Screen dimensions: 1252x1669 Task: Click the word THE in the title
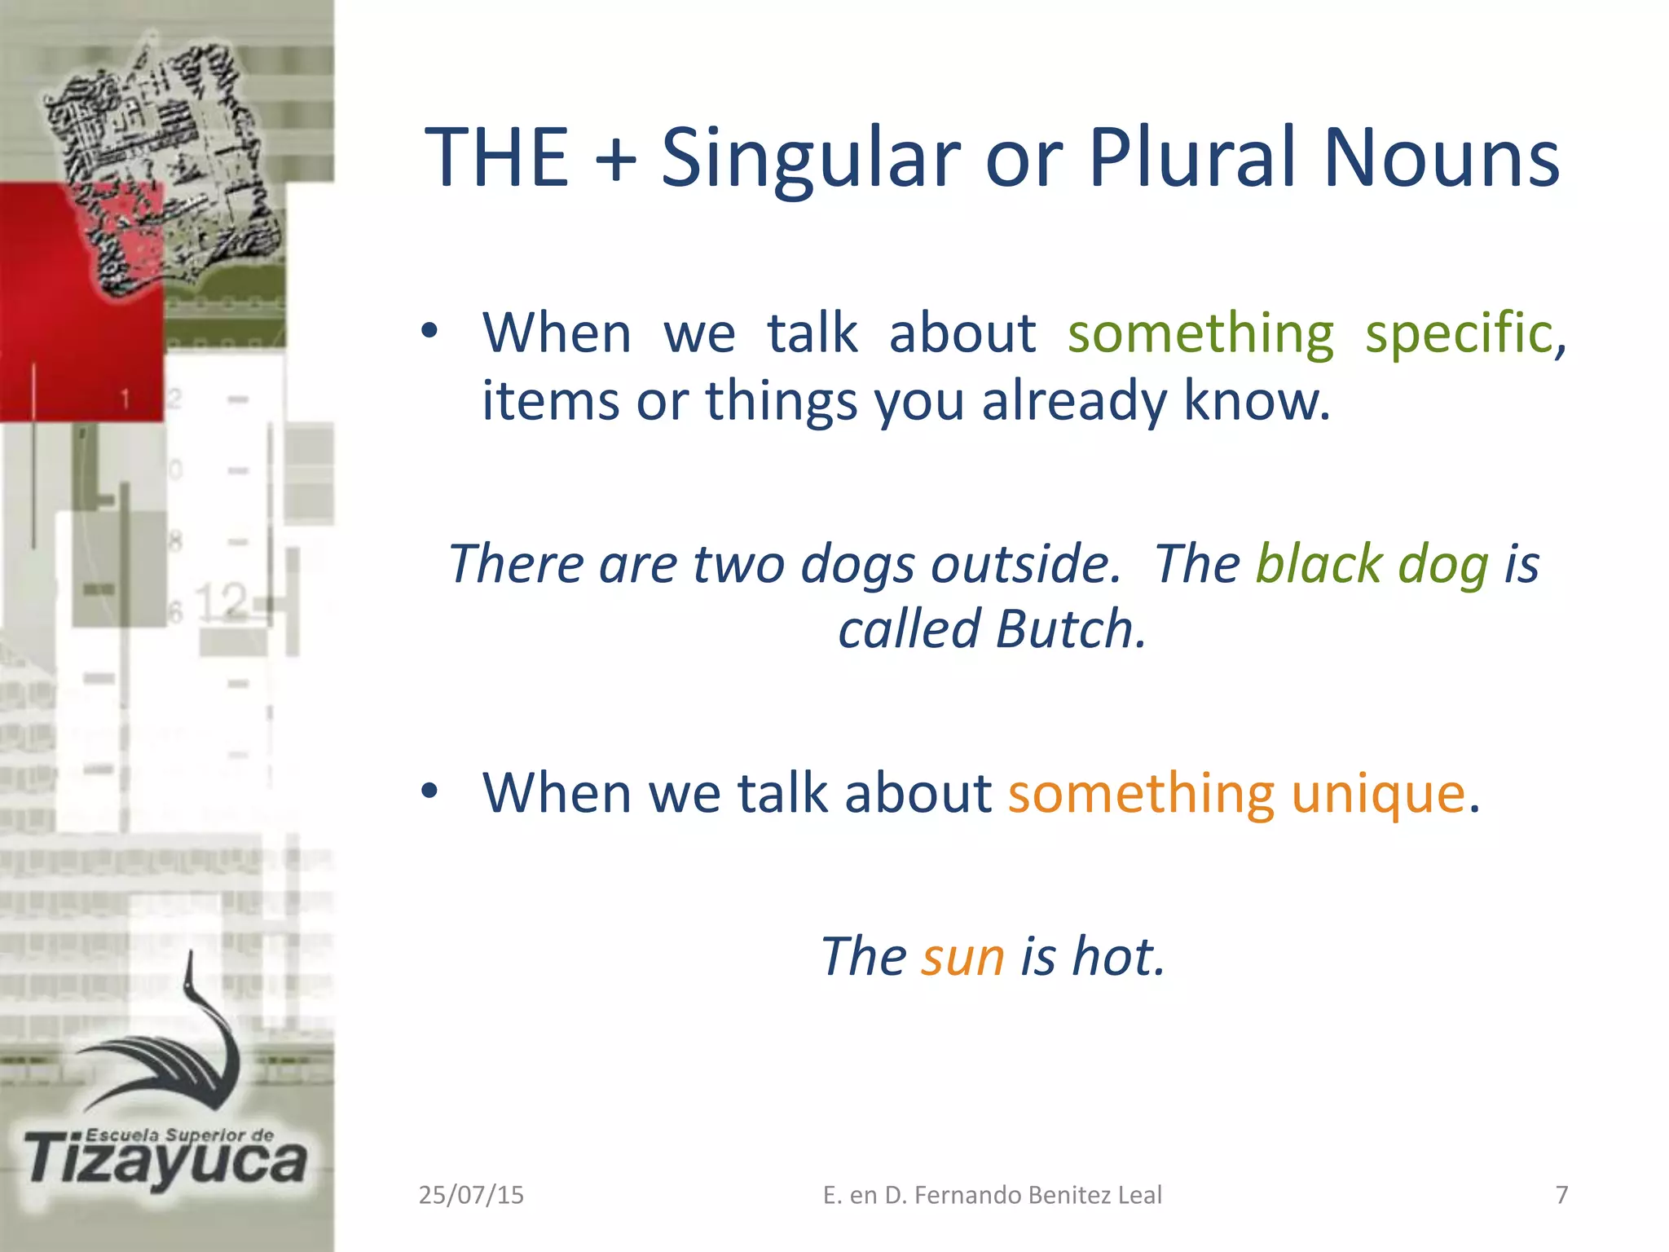pos(497,158)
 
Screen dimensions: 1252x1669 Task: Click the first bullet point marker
pos(429,332)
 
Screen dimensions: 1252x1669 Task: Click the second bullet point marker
pos(429,791)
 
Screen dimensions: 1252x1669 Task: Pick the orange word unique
pos(1379,793)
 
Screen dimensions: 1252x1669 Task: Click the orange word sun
pos(962,956)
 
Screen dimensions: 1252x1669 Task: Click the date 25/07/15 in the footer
pos(471,1195)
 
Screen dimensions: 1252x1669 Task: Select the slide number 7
pos(1561,1195)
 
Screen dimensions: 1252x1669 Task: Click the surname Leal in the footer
pos(1139,1195)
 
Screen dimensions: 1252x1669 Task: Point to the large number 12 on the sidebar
pos(221,602)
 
